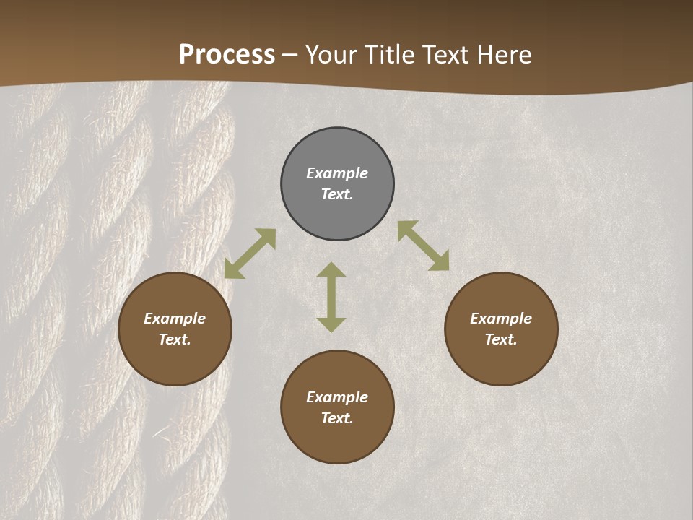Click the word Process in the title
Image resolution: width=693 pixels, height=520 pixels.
tap(227, 55)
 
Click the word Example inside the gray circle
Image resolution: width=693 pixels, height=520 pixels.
tap(337, 173)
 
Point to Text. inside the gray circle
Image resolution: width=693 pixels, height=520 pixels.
tap(337, 194)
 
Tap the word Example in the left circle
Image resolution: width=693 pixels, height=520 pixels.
tap(175, 318)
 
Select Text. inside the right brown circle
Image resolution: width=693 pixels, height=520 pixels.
tap(501, 339)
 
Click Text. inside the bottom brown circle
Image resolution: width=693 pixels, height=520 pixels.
tap(337, 418)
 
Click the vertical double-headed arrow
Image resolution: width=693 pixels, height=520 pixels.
tap(331, 297)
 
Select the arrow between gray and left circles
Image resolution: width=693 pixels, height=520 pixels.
tap(250, 253)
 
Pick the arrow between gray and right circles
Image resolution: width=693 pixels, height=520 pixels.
tap(423, 246)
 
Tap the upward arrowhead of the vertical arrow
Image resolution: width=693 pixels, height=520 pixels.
tap(331, 269)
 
